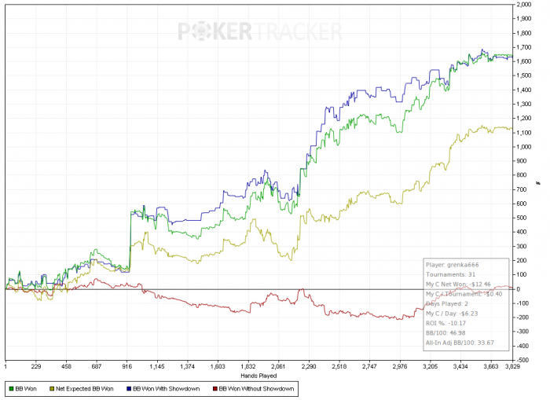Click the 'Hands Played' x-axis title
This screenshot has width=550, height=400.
260,297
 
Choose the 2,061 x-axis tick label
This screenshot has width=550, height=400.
277,365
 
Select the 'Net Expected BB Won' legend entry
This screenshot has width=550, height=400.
86,387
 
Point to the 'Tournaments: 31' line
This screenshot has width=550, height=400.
447,275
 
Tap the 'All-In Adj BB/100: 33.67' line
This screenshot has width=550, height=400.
461,343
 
